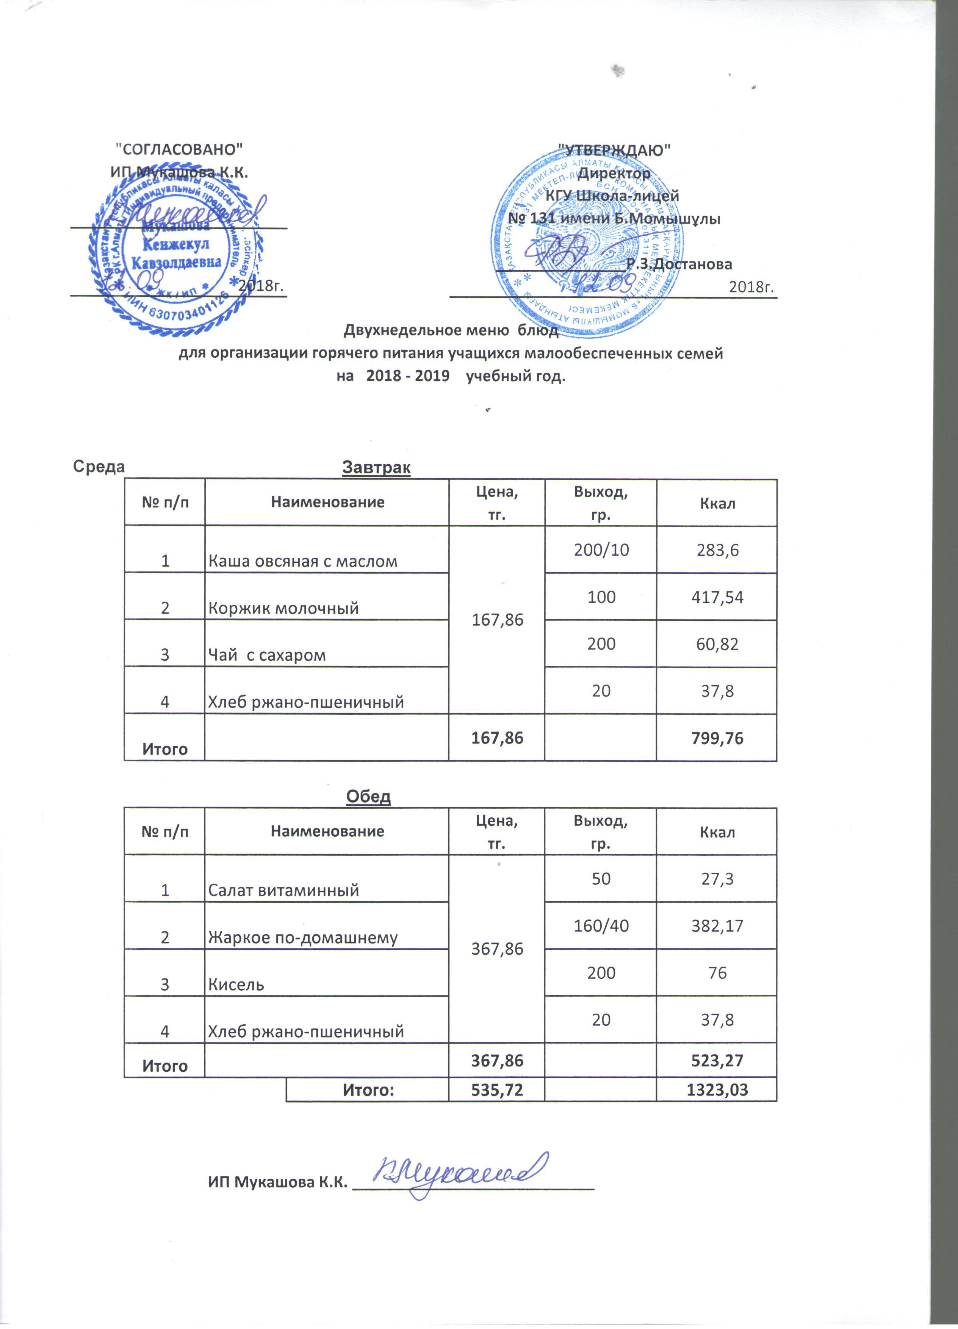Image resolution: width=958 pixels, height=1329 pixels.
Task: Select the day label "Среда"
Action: pos(99,466)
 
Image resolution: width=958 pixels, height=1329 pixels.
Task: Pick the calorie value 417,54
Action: pos(717,597)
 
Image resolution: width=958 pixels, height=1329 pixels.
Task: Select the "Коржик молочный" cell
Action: pos(283,608)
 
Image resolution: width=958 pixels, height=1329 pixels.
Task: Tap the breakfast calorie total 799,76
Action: pos(717,738)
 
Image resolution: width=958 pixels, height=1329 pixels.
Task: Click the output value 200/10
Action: pos(602,549)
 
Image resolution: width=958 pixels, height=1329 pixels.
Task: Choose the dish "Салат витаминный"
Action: pos(283,891)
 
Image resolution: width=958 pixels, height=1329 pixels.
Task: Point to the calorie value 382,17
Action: pos(717,926)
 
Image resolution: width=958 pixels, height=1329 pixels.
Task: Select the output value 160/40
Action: pos(602,926)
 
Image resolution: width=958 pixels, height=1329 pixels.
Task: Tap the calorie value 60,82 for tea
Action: pos(717,644)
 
